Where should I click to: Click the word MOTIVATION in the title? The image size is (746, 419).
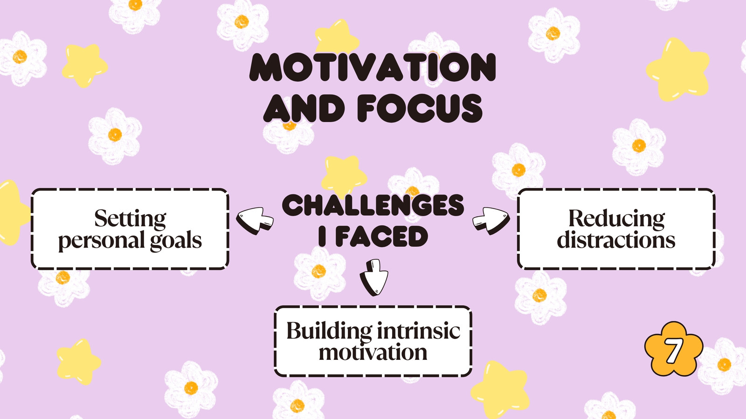(373, 67)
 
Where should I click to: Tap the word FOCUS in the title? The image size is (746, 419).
(420, 108)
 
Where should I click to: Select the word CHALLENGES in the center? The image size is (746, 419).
(373, 205)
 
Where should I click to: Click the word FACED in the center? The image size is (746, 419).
(382, 237)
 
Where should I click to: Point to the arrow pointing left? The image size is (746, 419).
(255, 221)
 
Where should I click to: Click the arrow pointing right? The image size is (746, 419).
(491, 221)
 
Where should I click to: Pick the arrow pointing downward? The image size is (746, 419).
(373, 277)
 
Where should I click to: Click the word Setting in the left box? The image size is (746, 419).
(130, 219)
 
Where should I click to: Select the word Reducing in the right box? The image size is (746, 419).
(616, 219)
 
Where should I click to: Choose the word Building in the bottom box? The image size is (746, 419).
(329, 331)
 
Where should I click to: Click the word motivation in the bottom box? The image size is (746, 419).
(373, 352)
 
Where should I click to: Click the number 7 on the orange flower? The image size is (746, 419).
(673, 351)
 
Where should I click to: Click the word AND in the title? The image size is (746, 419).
(304, 108)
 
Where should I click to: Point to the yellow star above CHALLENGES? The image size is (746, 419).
(344, 176)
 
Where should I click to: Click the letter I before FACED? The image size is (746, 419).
(322, 237)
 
